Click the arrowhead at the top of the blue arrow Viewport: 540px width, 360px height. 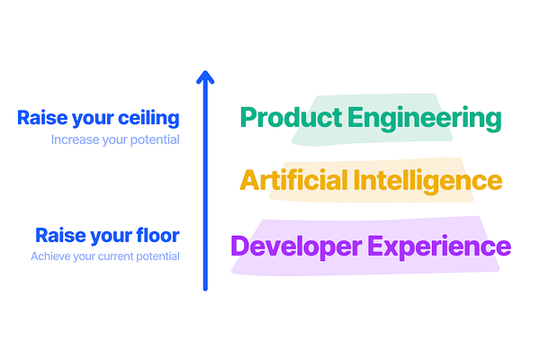click(x=205, y=77)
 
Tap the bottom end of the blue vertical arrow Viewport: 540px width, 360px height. click(x=205, y=288)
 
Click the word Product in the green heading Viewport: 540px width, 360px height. click(x=286, y=118)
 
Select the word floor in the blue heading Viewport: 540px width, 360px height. click(x=158, y=236)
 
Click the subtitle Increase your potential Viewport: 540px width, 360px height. click(x=115, y=139)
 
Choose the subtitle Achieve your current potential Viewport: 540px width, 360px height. click(x=105, y=256)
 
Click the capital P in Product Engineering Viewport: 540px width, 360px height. click(x=249, y=118)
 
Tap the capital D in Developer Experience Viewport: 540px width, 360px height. click(x=240, y=246)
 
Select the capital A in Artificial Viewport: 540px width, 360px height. click(x=249, y=180)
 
